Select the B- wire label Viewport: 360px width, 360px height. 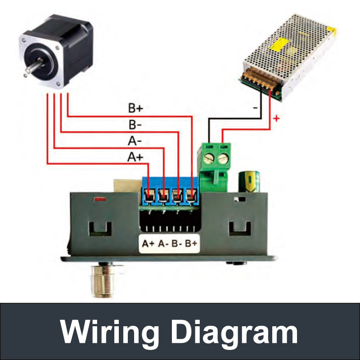136,125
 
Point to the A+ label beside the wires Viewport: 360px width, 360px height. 135,157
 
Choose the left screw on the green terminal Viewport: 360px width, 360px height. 210,158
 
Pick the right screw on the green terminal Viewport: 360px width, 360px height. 223,158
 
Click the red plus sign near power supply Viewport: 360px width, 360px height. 276,119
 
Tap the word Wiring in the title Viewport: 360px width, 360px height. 110,332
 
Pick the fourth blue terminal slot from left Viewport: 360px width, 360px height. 192,196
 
